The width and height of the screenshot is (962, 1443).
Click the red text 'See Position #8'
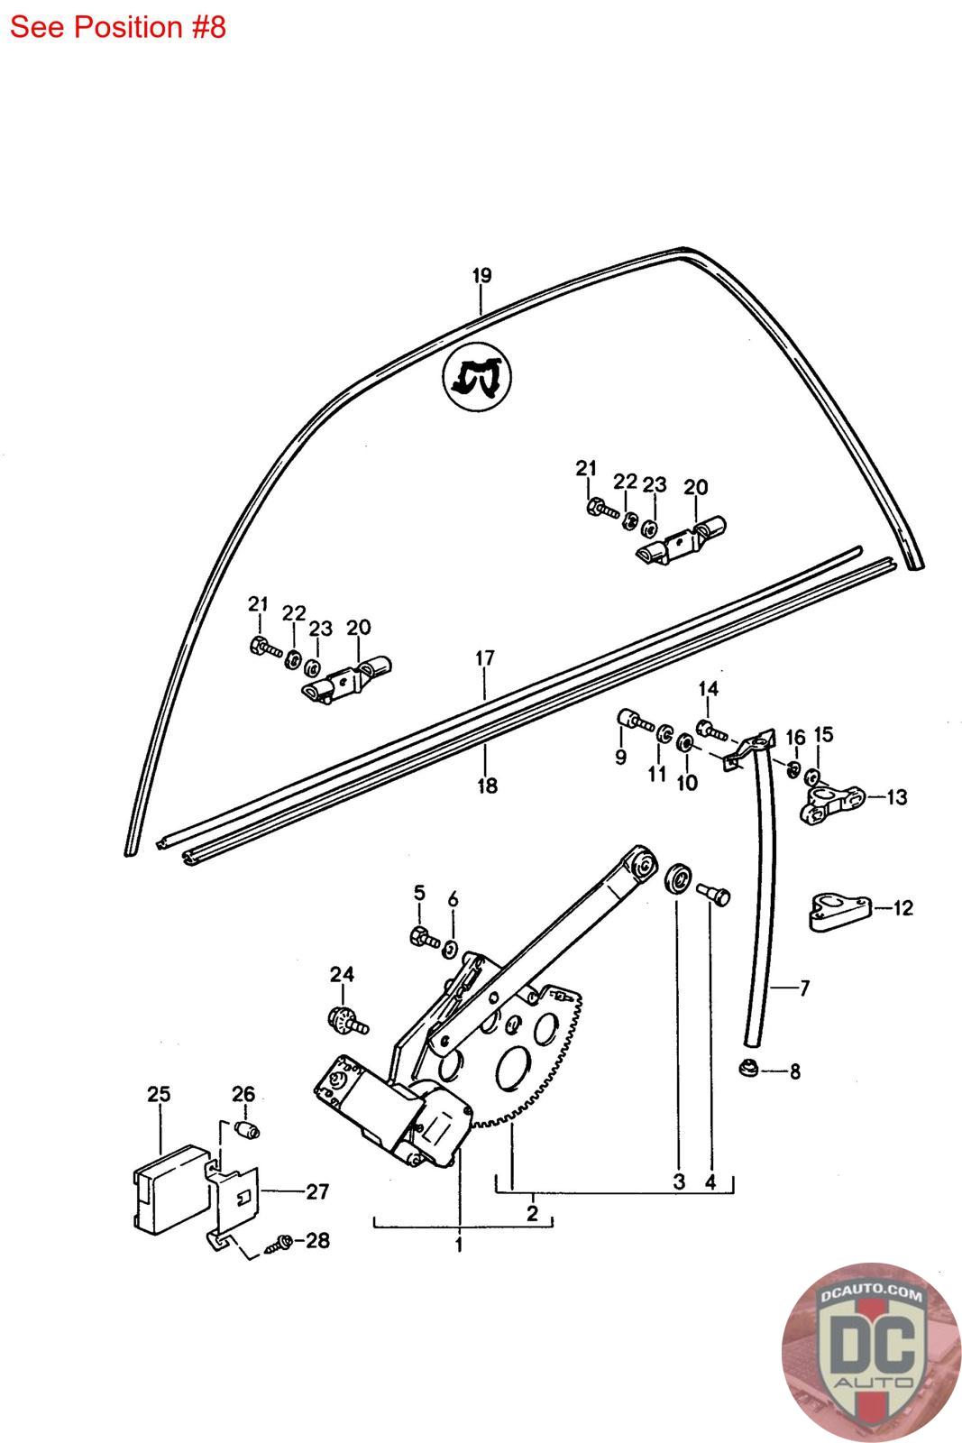click(x=117, y=27)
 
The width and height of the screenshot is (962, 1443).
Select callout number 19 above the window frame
click(x=481, y=276)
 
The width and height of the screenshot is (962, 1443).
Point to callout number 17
click(x=485, y=658)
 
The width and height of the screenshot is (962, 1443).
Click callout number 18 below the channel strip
click(x=487, y=786)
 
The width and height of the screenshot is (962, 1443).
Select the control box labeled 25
click(x=167, y=1186)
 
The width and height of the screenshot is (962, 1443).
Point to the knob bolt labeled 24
click(x=346, y=1020)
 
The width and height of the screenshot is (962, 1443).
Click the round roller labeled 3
click(x=679, y=880)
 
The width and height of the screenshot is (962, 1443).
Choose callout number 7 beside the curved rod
click(x=803, y=988)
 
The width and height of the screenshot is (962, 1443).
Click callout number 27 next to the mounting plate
click(x=317, y=1191)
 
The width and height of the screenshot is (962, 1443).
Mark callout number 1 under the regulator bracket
click(x=459, y=1245)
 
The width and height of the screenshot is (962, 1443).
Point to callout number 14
click(x=709, y=690)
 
